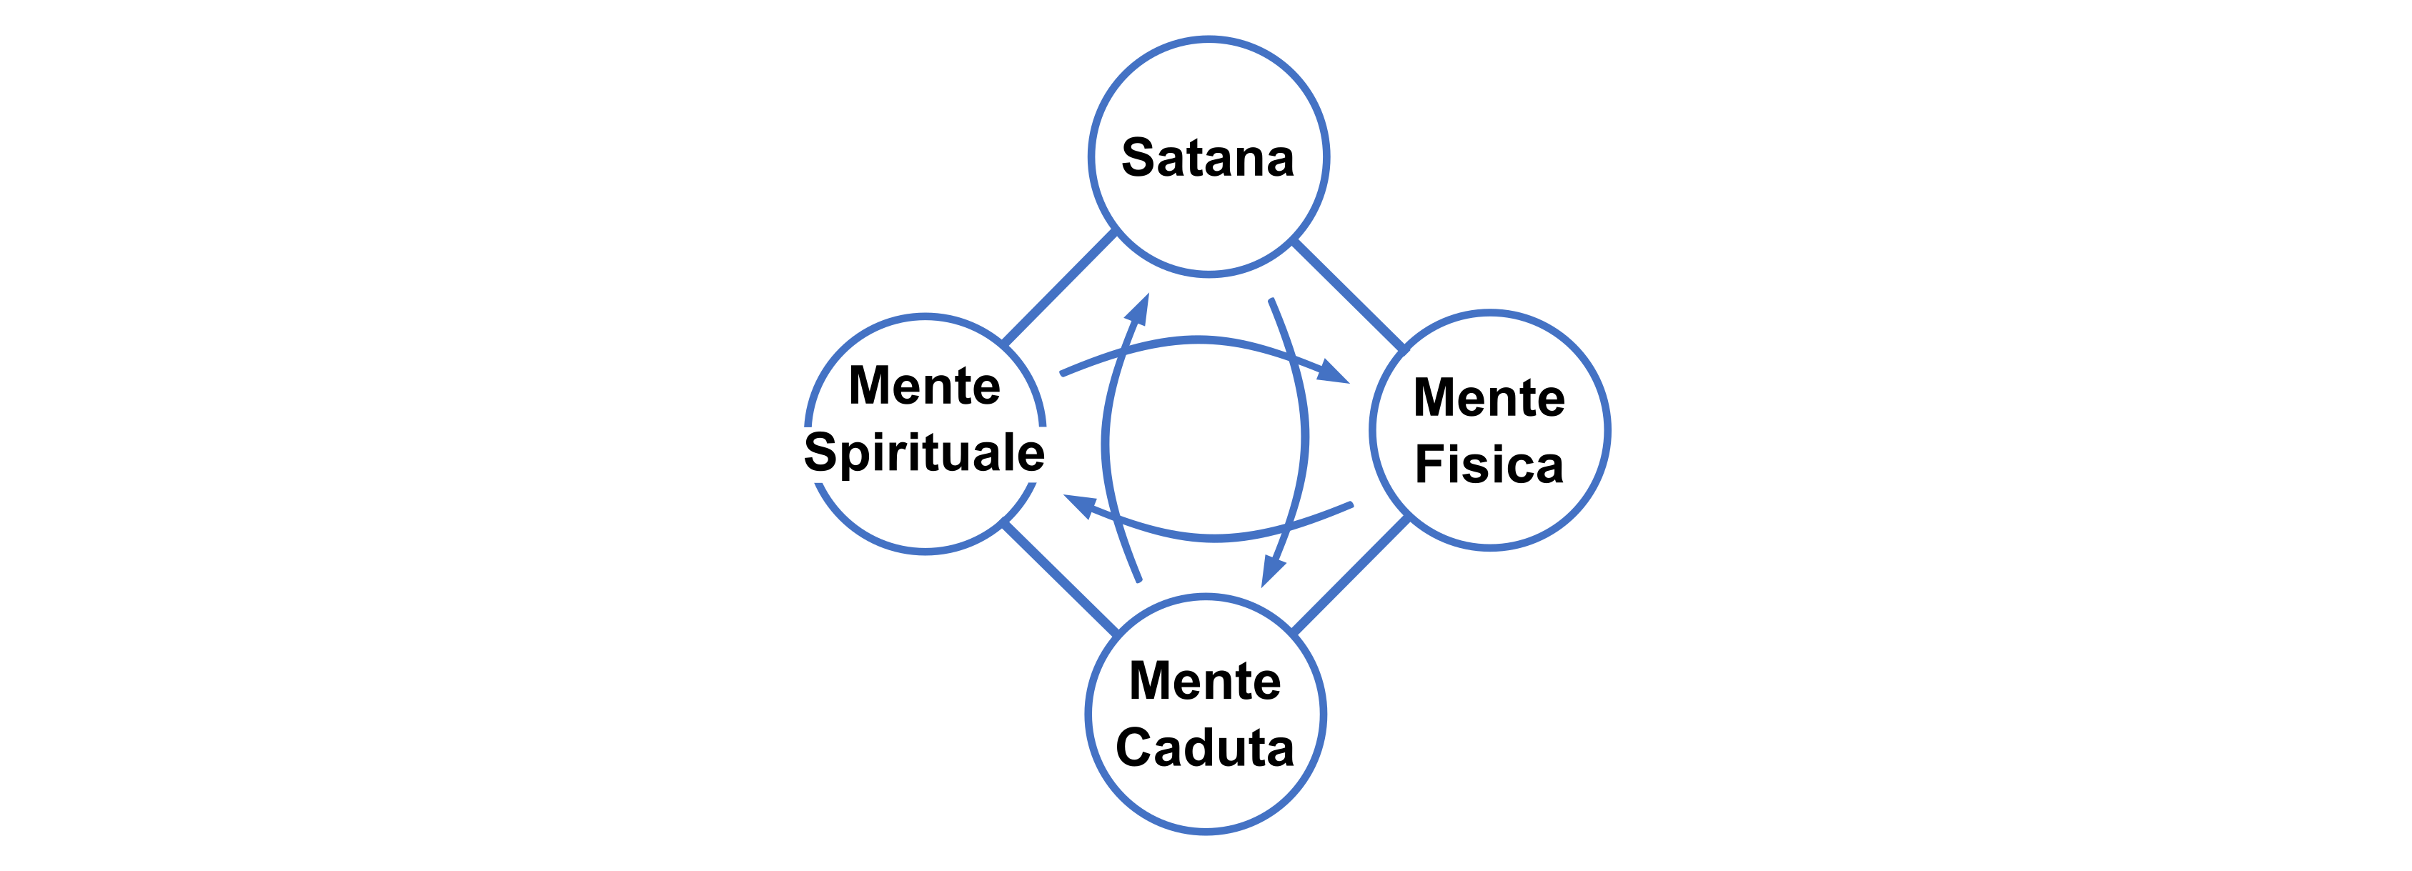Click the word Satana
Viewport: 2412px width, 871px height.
click(x=1208, y=157)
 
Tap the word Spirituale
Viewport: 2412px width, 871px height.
click(x=924, y=452)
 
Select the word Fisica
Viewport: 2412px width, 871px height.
click(x=1489, y=464)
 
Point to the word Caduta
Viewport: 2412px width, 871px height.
click(x=1205, y=747)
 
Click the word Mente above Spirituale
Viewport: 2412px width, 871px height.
click(x=924, y=385)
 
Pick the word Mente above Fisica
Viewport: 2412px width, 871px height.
click(x=1489, y=397)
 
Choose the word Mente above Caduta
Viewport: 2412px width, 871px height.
click(x=1205, y=680)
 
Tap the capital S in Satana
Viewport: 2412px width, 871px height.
click(x=1139, y=157)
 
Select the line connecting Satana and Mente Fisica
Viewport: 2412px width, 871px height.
click(x=1349, y=295)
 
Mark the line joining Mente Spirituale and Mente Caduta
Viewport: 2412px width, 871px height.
click(x=1060, y=577)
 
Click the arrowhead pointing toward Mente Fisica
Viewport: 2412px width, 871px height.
click(x=1334, y=373)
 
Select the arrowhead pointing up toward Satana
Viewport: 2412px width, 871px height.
click(x=1138, y=310)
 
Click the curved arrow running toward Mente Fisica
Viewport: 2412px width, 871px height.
click(x=1198, y=341)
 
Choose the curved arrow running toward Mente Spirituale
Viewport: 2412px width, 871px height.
click(x=1214, y=537)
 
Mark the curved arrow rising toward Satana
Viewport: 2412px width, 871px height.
click(x=1106, y=440)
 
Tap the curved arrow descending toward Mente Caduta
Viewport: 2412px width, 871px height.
click(x=1304, y=436)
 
